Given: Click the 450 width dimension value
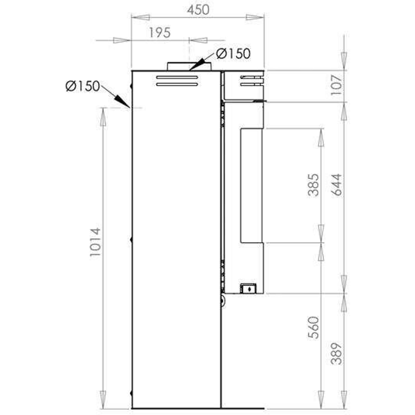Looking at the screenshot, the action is (198, 10).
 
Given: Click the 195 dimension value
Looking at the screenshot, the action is (160, 33).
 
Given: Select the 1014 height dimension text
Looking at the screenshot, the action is (95, 242).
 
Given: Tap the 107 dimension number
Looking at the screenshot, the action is (336, 85).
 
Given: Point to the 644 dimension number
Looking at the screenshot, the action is (336, 185).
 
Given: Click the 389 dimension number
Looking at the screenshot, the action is (336, 354).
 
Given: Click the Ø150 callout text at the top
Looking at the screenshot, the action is (233, 54).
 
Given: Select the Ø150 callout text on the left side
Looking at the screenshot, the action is (83, 86).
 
